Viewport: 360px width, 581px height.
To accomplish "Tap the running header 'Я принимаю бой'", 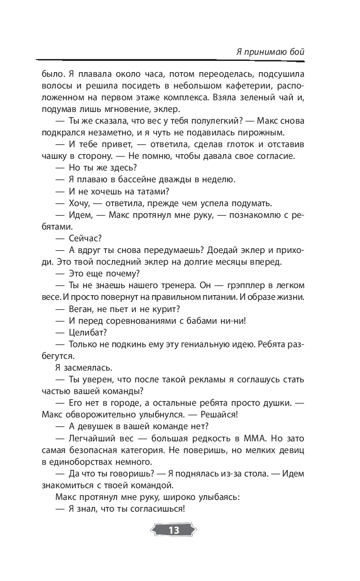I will pos(270,51).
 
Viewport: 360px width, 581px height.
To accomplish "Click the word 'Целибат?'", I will pos(89,332).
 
